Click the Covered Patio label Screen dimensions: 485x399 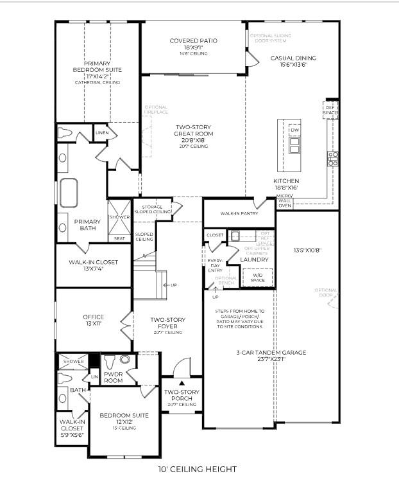pos(193,41)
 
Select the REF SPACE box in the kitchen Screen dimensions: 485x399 pos(330,109)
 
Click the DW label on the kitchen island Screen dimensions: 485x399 pos(294,130)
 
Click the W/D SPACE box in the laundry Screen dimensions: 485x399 pos(257,278)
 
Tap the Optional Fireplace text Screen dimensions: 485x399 pos(156,110)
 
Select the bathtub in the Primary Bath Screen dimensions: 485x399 pos(69,191)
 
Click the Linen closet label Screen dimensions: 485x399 pos(101,133)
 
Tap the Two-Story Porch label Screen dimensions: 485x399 pos(182,395)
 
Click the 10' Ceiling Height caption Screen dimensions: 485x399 pos(198,470)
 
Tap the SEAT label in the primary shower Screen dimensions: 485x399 pos(119,238)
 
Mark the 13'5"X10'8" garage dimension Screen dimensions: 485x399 pos(307,251)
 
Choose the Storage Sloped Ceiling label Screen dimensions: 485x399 pos(152,209)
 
